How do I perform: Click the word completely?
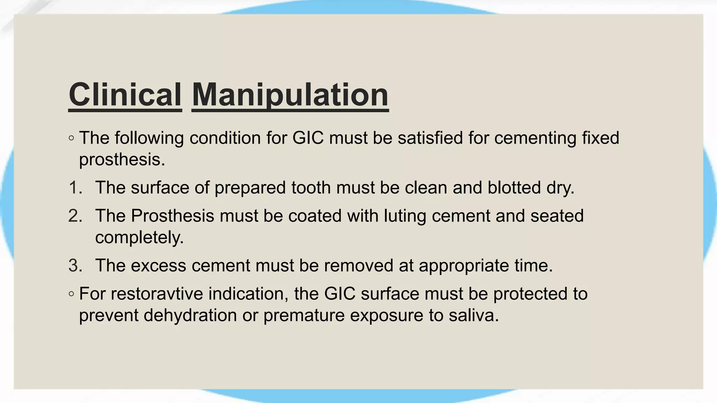click(139, 238)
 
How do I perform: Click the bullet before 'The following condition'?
click(71, 138)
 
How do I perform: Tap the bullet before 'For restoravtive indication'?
click(71, 294)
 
